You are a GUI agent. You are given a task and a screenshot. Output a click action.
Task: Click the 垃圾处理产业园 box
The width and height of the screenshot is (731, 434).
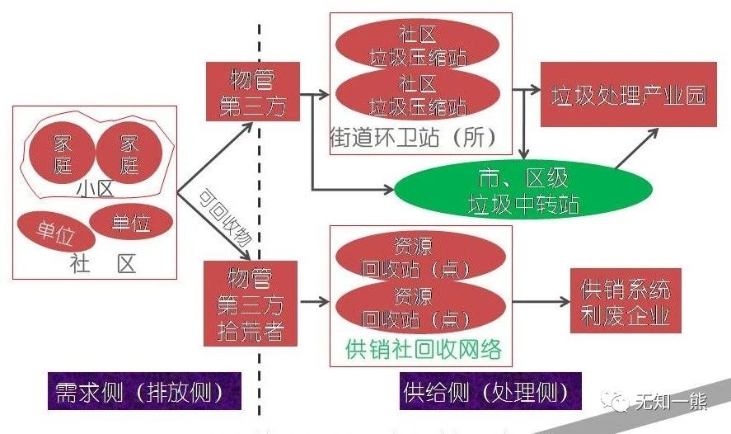[x=628, y=94]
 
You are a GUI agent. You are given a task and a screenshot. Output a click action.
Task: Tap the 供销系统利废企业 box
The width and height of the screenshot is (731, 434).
[x=626, y=301]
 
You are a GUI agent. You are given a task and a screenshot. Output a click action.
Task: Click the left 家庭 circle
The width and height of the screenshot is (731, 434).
[x=63, y=153]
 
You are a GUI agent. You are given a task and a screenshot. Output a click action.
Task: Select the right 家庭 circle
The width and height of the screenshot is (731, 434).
[x=129, y=153]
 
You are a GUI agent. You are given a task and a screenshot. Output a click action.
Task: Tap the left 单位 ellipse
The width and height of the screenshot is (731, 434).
[x=55, y=233]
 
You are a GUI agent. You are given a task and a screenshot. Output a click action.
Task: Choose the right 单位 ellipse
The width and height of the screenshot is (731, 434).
[x=131, y=222]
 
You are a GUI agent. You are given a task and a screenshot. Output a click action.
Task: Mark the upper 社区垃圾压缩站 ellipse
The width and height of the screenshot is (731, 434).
[x=418, y=46]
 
